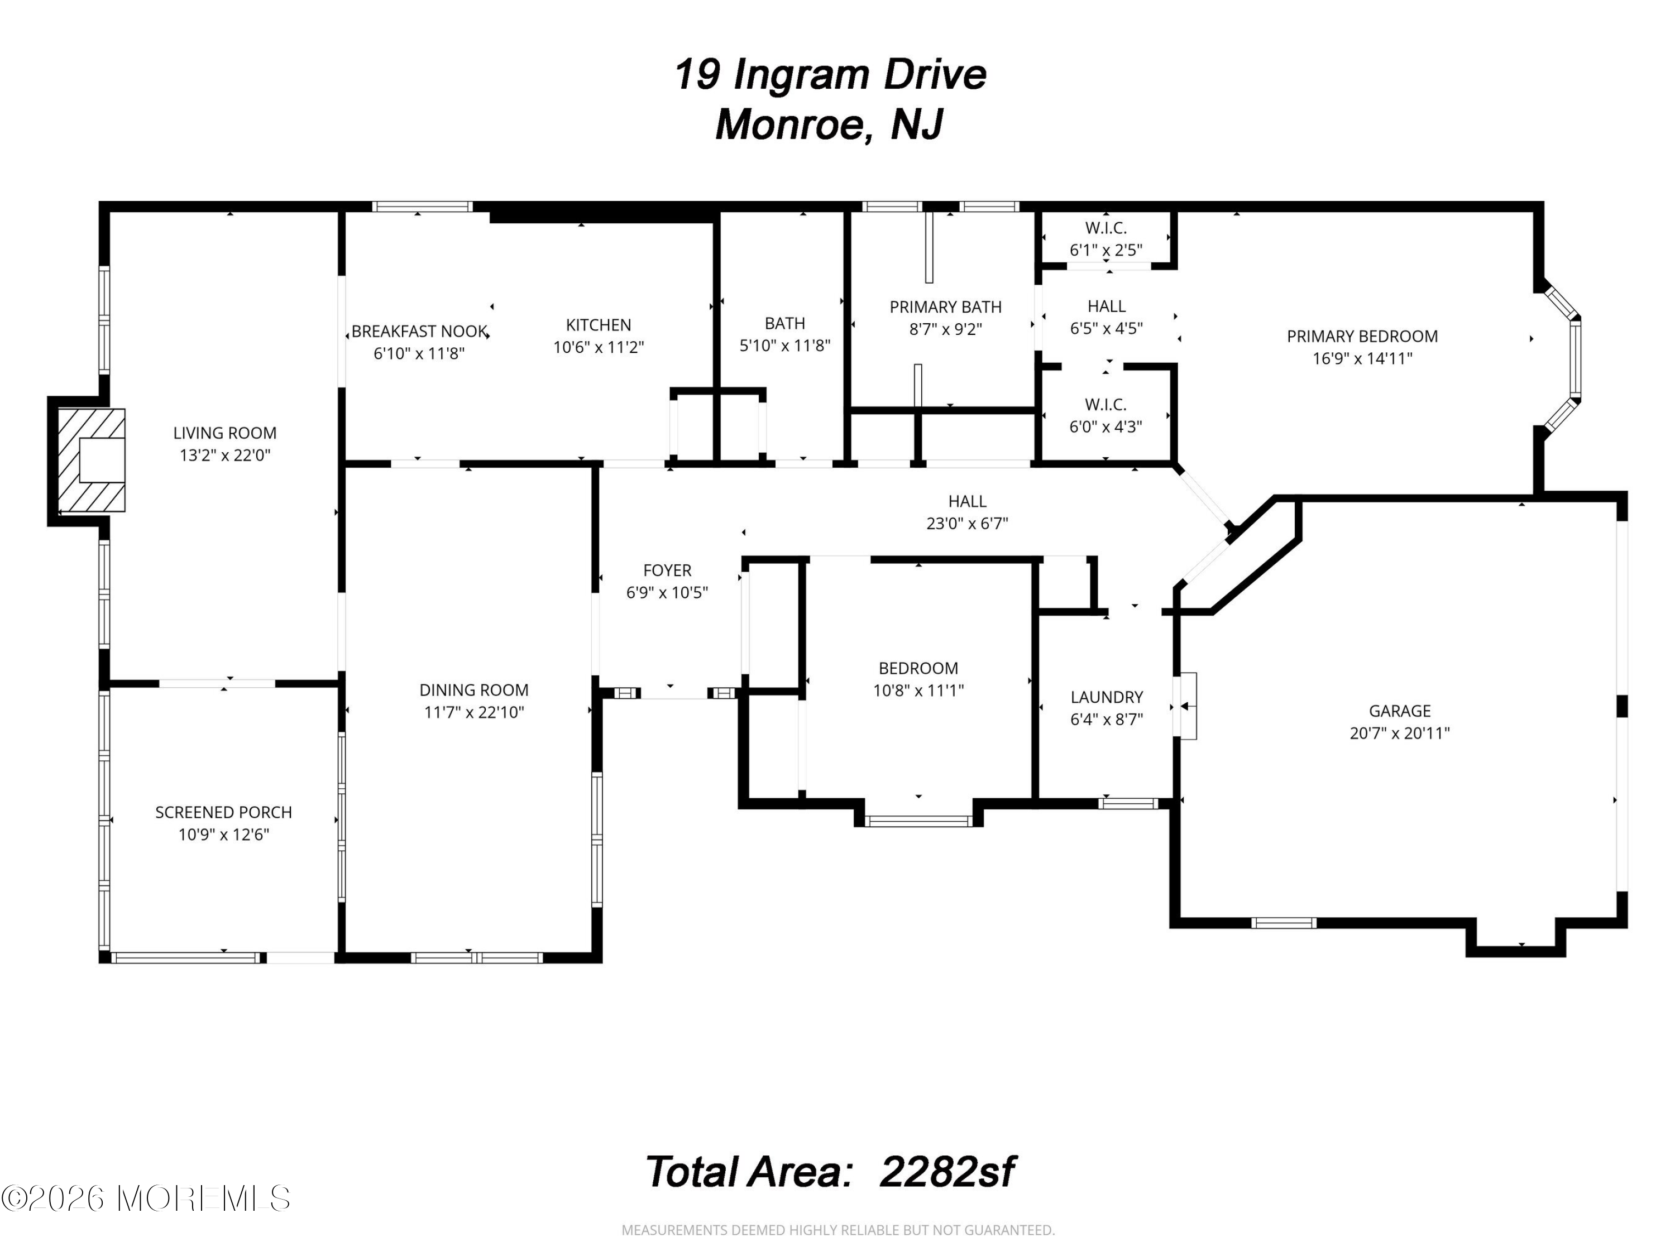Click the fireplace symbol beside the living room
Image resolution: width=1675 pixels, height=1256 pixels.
(x=92, y=461)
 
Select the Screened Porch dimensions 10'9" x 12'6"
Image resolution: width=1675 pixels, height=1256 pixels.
(x=224, y=835)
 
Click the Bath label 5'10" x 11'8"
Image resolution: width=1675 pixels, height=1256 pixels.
(x=784, y=334)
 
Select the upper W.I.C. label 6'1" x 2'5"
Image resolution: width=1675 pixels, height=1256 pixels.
(x=1106, y=238)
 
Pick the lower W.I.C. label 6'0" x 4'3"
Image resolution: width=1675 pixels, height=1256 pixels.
(x=1106, y=416)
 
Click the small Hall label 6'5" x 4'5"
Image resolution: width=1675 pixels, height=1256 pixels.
(x=1106, y=317)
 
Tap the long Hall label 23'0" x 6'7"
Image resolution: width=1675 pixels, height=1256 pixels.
(x=967, y=512)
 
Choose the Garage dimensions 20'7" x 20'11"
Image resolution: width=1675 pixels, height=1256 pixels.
(x=1399, y=733)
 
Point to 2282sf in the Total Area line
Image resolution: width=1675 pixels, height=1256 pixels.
(x=947, y=1172)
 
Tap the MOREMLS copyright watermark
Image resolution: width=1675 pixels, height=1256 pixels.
(x=145, y=1198)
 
